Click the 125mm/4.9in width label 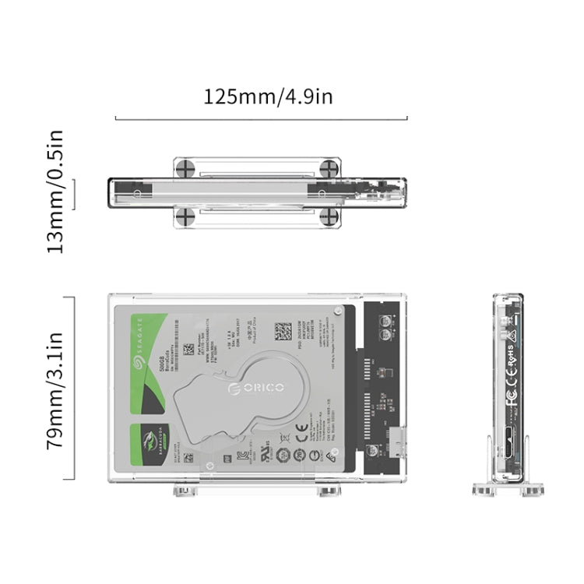[268, 97]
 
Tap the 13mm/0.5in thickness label [55, 191]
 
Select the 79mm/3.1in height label [55, 389]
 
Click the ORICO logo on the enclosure [256, 387]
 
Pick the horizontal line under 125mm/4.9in [261, 119]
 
